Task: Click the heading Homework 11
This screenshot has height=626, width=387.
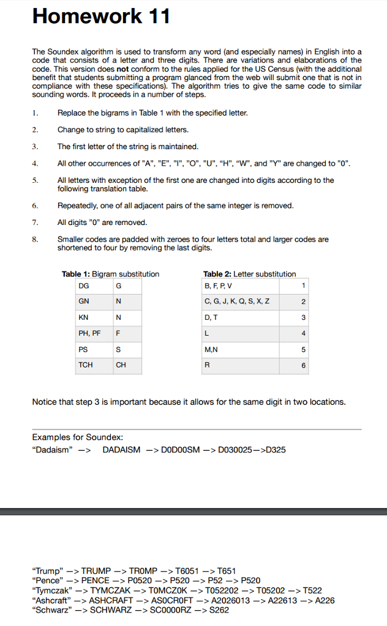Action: (101, 17)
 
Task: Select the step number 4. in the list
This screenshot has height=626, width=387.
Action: (36, 163)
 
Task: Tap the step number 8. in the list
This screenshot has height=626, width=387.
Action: (36, 239)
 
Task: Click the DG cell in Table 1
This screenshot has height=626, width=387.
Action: (83, 285)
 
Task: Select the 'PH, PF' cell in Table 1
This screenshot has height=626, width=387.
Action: (89, 333)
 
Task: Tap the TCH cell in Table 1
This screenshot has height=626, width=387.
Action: (85, 365)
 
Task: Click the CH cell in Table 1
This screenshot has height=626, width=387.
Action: (121, 365)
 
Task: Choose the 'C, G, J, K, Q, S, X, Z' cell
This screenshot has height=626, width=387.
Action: (237, 301)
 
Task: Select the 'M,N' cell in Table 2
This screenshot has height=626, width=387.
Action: (211, 350)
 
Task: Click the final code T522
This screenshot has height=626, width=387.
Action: (311, 591)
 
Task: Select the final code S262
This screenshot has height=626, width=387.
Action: (218, 610)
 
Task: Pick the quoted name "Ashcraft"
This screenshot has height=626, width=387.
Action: (51, 600)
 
